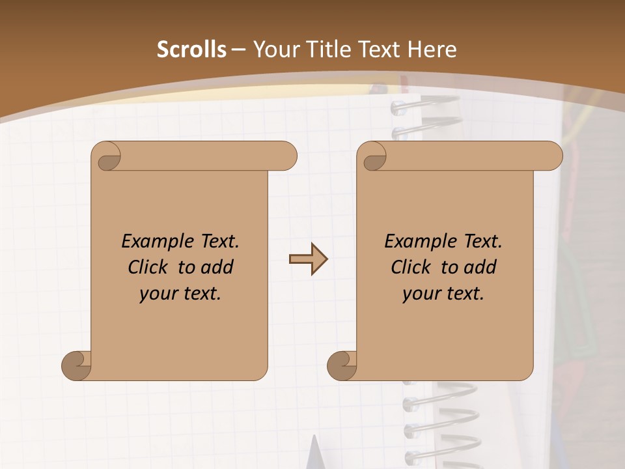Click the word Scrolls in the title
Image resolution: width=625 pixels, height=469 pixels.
pyautogui.click(x=192, y=50)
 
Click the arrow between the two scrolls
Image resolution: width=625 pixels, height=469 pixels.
pyautogui.click(x=309, y=259)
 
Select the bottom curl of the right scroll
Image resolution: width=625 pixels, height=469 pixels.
pyautogui.click(x=343, y=365)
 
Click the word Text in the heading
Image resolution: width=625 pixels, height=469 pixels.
pyautogui.click(x=376, y=50)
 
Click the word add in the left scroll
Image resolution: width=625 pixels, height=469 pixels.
pyautogui.click(x=216, y=267)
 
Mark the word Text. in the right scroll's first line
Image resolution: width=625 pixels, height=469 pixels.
pyautogui.click(x=482, y=242)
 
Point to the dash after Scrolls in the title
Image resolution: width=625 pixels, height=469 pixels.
pyautogui.click(x=238, y=50)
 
